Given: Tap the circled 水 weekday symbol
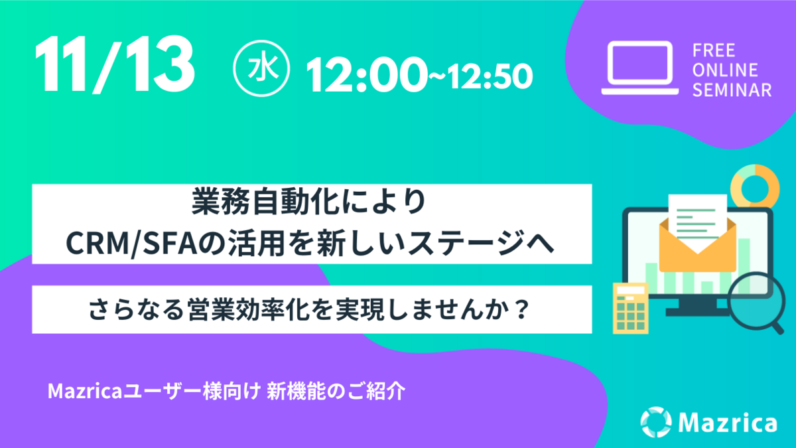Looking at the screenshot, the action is coord(261,68).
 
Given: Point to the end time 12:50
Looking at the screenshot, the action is coord(490,76).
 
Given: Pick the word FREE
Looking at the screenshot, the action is coord(714,50).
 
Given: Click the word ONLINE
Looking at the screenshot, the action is coord(725,70).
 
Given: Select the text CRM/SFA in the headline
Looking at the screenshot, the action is coord(131,243).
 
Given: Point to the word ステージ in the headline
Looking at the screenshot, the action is coord(475,243).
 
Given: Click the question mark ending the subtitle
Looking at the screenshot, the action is coord(522,309).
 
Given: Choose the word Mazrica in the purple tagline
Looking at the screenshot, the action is coord(85,392).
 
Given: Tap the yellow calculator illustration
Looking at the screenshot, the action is coord(631,308).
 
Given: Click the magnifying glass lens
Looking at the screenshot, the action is coord(756,301).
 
